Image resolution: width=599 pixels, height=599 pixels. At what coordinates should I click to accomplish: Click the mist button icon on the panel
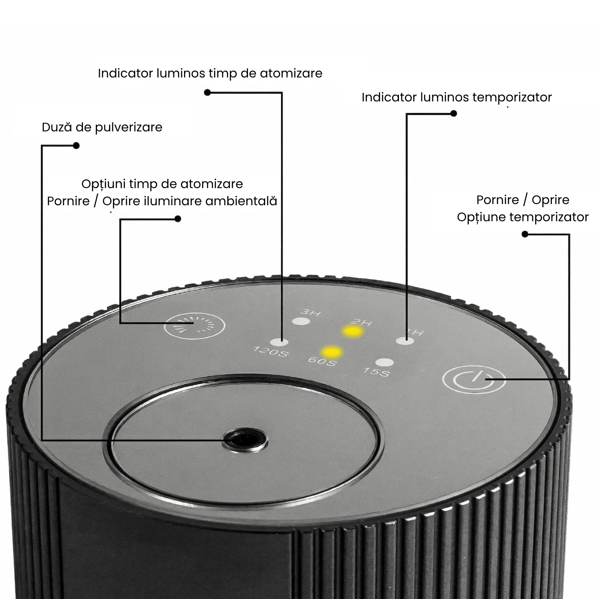click(195, 326)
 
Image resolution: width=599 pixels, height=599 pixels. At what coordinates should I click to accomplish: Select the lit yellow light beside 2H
click(352, 331)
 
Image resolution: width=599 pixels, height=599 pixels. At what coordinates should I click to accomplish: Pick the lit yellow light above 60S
click(332, 351)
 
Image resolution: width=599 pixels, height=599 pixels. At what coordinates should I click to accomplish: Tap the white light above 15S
click(385, 363)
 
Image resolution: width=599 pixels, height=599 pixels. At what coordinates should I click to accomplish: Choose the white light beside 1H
click(405, 341)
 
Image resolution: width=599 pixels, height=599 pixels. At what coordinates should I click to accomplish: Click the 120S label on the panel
click(270, 352)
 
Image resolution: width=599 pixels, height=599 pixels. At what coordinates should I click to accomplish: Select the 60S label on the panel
click(322, 361)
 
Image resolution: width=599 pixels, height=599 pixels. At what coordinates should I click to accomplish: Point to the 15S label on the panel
click(376, 372)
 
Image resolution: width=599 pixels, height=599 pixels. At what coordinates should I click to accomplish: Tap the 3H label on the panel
click(310, 311)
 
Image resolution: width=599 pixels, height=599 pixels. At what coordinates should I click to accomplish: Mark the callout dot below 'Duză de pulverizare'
click(76, 146)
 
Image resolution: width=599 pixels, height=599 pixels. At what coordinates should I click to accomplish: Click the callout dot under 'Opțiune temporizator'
click(525, 234)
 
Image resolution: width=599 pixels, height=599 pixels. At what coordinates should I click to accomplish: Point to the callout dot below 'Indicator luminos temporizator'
click(453, 113)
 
